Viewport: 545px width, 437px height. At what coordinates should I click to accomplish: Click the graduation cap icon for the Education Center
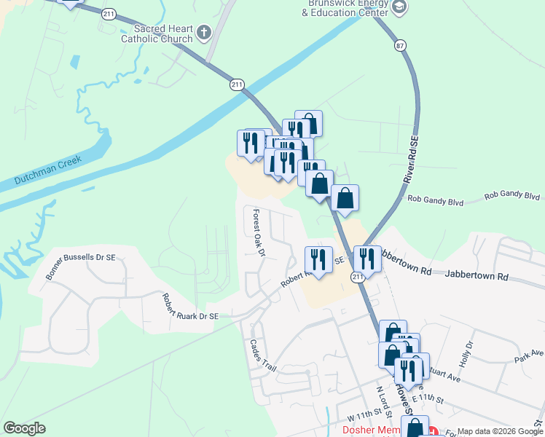(399, 7)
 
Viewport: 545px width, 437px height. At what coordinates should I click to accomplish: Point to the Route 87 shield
(399, 46)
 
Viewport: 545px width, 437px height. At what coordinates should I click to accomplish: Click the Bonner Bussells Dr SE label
(81, 266)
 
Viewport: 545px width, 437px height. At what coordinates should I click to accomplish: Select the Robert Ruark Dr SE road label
(189, 307)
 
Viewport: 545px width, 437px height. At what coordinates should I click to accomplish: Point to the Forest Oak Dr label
(258, 233)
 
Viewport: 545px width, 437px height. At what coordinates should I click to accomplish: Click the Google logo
(24, 428)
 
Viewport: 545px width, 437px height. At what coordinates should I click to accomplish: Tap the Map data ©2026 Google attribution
(500, 431)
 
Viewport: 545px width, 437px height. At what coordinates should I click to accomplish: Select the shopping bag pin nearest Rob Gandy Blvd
(345, 198)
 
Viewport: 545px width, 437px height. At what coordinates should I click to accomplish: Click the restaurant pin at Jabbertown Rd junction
(366, 259)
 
